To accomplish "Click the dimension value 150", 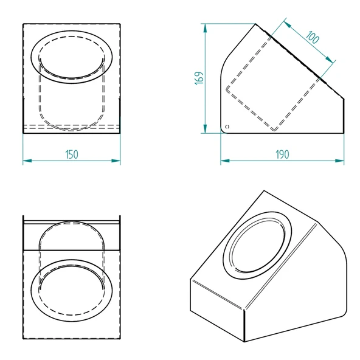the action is point(72,154).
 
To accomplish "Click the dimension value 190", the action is point(282,154).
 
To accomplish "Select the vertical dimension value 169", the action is point(199,78).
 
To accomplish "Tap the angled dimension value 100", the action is point(313,37).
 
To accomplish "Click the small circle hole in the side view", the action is point(227,126).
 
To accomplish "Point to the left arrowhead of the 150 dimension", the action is point(27,161).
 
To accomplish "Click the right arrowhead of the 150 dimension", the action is point(116,161).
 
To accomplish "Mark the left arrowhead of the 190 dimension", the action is point(225,161).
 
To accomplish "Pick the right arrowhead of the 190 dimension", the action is point(339,161).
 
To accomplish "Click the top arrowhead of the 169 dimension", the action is point(205,28).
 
